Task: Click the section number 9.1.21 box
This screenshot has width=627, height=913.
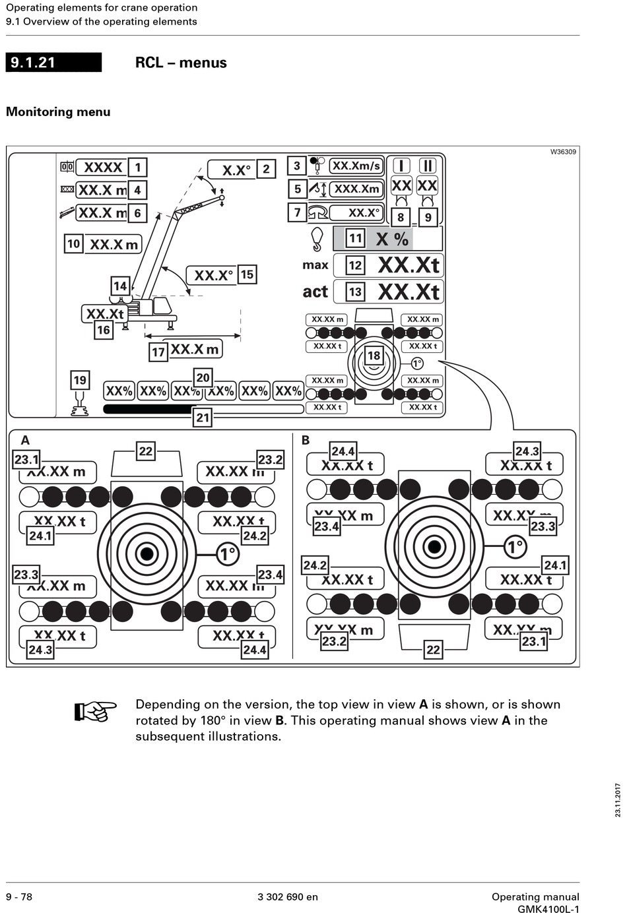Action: (53, 63)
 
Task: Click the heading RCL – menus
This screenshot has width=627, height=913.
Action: (181, 63)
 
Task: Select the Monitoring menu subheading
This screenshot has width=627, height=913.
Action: (58, 111)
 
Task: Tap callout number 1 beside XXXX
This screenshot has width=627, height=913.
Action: (137, 168)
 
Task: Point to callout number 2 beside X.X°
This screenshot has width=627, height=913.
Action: (266, 169)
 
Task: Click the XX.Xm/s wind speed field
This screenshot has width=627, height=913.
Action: (356, 166)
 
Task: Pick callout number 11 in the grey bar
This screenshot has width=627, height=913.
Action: (355, 238)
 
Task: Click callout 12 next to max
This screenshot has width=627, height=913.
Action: (355, 265)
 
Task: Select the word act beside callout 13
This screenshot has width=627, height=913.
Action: (315, 292)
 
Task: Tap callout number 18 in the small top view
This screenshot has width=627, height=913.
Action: (374, 356)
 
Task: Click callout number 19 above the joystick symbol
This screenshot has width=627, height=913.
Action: (80, 380)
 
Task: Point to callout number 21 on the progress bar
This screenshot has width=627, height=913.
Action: (203, 418)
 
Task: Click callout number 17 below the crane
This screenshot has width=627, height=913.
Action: (158, 352)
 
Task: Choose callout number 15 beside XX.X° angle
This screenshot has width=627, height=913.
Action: (247, 274)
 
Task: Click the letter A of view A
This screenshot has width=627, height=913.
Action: (25, 440)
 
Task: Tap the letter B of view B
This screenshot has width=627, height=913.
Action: (306, 440)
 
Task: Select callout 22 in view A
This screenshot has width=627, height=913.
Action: (146, 451)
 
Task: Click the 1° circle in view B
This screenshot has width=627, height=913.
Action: (515, 547)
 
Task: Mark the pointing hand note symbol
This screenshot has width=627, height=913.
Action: (95, 711)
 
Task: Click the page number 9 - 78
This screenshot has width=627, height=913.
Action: (19, 897)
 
